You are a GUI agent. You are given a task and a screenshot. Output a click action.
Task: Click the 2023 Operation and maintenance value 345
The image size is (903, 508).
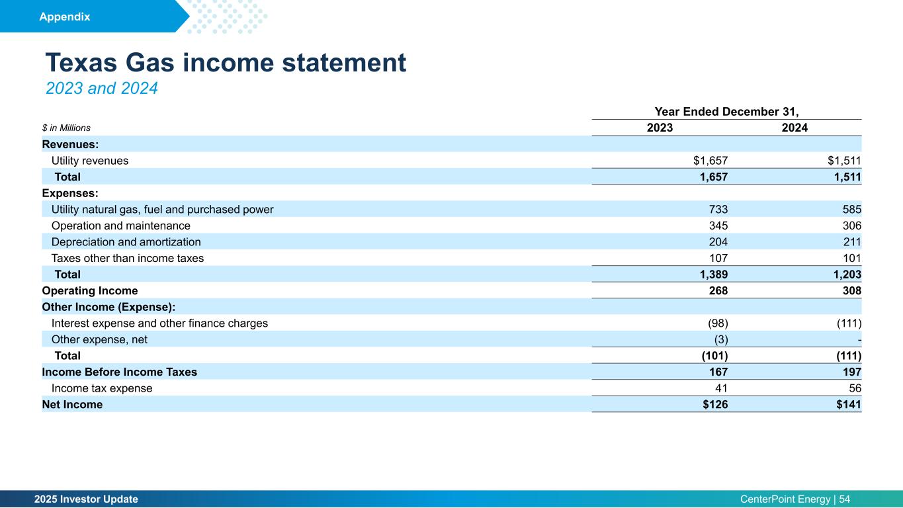point(718,226)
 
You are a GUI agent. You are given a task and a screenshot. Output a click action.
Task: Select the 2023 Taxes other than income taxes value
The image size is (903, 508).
point(718,258)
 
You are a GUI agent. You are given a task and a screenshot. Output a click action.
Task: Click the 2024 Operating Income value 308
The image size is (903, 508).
point(851,291)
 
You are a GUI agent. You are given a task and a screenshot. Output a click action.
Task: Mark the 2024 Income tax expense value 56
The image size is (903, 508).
point(854,388)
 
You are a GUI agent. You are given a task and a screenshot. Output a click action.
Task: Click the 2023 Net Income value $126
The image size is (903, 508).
point(714,405)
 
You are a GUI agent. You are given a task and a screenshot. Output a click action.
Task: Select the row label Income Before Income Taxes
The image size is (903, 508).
point(119,372)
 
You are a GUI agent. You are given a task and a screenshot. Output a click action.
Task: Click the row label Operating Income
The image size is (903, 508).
point(90,291)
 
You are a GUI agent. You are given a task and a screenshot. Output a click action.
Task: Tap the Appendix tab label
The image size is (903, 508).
point(64,17)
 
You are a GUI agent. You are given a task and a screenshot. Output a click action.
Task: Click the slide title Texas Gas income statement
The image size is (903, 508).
point(225,63)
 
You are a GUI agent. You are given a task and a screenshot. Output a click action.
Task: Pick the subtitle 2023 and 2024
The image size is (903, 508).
point(101,88)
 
